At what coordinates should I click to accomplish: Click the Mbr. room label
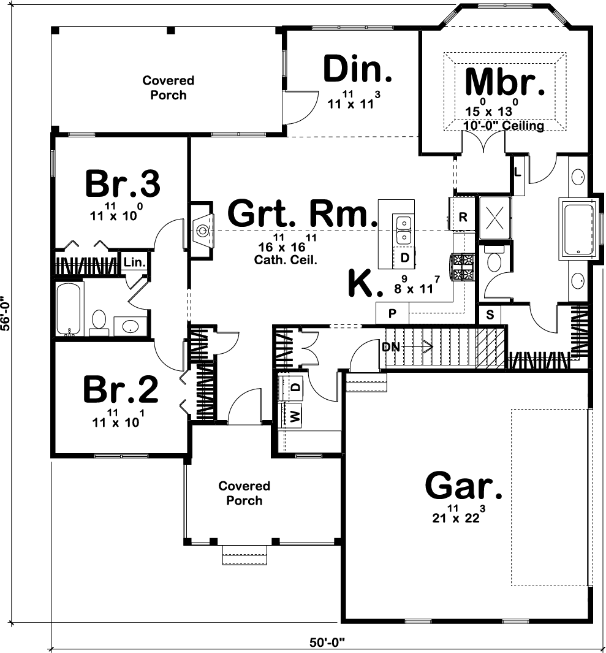[x=504, y=82]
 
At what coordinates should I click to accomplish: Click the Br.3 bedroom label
[x=123, y=183]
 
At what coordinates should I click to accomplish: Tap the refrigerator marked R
[x=463, y=216]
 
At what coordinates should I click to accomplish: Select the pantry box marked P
[x=392, y=313]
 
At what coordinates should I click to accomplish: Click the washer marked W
[x=295, y=415]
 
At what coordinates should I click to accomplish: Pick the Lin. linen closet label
[x=134, y=263]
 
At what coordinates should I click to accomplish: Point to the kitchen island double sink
[x=403, y=230]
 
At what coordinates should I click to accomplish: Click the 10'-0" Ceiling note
[x=503, y=125]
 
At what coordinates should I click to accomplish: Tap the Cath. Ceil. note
[x=286, y=261]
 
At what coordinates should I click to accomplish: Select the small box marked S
[x=490, y=315]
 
